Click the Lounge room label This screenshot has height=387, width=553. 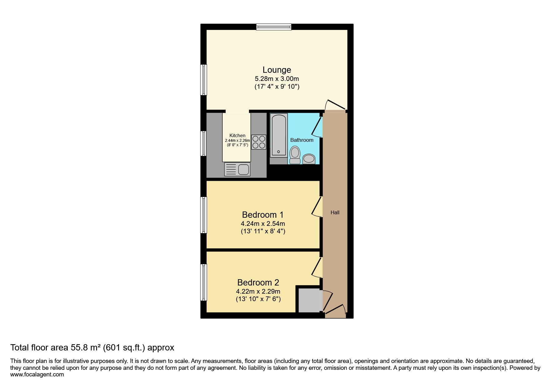[277, 70]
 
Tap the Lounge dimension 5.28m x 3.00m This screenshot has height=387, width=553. [277, 79]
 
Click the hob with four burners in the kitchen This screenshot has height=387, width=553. [259, 142]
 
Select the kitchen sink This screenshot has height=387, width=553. [237, 170]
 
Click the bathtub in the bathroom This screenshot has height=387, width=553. [279, 135]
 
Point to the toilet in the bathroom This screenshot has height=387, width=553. [295, 156]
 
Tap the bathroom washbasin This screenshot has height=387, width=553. [309, 159]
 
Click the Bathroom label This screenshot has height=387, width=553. [302, 140]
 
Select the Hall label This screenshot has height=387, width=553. [335, 212]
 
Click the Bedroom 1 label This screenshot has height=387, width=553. [263, 215]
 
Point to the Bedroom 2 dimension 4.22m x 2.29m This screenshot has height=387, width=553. [258, 291]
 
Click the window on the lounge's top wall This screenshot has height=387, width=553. [274, 27]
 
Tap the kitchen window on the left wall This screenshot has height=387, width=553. [204, 143]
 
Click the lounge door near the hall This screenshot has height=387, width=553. [335, 105]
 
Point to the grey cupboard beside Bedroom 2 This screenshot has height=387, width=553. [309, 300]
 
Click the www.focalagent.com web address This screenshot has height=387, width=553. [37, 375]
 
